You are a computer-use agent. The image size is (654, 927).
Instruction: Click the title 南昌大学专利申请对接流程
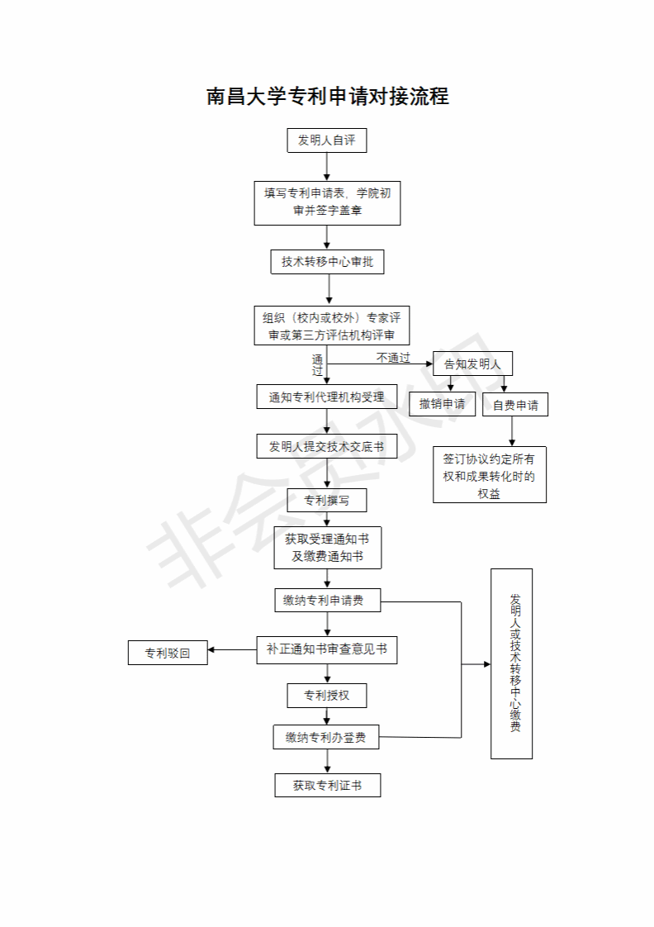click(327, 97)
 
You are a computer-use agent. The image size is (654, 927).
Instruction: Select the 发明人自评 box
click(327, 140)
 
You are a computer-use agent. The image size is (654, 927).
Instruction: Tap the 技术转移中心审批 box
click(327, 262)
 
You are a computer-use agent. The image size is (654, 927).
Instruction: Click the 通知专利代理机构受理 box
click(327, 397)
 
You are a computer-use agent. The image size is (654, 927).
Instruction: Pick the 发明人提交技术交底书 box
click(327, 447)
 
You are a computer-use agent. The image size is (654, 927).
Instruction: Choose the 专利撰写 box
click(327, 501)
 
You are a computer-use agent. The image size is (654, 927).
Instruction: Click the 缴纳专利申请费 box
click(327, 601)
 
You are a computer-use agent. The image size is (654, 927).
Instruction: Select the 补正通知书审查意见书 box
click(327, 649)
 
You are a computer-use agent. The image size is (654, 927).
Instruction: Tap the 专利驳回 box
click(168, 653)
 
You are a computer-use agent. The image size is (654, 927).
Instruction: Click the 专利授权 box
click(327, 696)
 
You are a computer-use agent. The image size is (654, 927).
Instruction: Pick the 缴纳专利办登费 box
click(326, 738)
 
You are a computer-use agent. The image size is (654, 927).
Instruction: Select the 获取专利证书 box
click(328, 786)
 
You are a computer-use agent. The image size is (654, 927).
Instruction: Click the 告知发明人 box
click(473, 364)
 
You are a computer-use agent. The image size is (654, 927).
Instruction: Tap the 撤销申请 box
click(442, 404)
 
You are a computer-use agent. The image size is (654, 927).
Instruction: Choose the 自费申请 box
click(515, 405)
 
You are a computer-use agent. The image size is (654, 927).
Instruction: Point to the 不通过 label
click(393, 358)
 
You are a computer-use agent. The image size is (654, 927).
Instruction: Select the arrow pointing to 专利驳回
click(232, 650)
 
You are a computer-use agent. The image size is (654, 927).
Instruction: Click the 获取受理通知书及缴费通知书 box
click(327, 547)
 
